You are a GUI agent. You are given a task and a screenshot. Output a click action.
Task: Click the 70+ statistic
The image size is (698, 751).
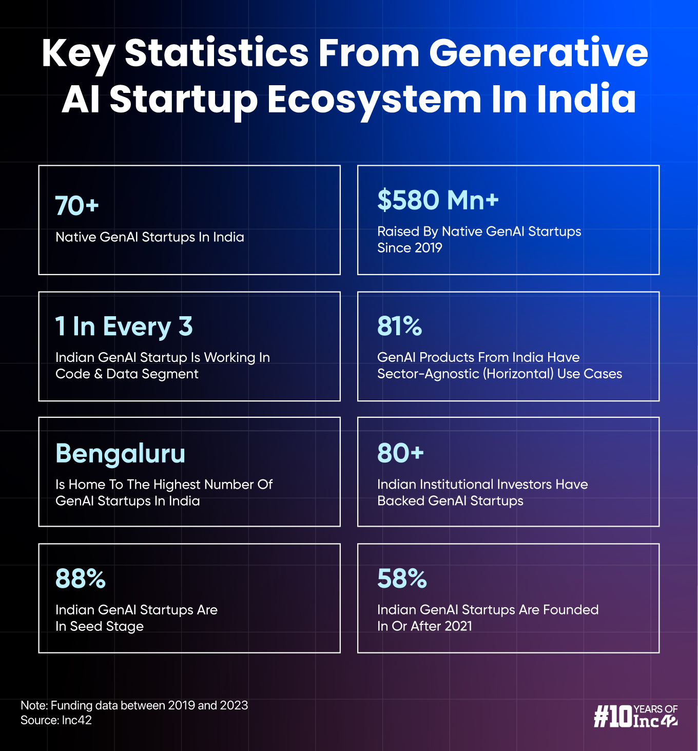click(x=77, y=206)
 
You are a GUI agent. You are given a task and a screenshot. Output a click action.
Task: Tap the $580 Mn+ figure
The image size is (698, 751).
click(x=438, y=200)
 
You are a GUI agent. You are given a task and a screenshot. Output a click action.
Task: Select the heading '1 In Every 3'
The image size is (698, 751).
click(x=124, y=326)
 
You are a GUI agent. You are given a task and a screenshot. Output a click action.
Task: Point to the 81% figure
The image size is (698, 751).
click(x=399, y=326)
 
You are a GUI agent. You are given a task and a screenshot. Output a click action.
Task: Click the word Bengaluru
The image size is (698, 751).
click(x=120, y=454)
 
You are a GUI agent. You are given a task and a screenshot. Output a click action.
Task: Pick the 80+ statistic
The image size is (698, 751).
click(x=400, y=453)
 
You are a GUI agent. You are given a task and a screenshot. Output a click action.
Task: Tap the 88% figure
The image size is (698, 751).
click(x=81, y=579)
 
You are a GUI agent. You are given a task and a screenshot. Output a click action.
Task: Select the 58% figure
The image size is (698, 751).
click(x=402, y=579)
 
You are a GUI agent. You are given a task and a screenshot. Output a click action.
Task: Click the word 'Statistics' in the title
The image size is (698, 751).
click(x=217, y=53)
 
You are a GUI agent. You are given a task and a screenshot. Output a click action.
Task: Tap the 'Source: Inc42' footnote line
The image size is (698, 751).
click(x=56, y=720)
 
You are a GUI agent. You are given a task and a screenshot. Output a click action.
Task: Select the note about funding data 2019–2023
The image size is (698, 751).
click(x=134, y=705)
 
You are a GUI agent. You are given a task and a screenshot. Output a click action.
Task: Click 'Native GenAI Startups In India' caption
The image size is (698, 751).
click(x=149, y=237)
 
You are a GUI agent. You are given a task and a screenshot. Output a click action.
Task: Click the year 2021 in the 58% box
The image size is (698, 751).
click(x=455, y=626)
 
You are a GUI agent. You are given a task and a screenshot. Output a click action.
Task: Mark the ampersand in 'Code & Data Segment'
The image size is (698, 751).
click(x=98, y=374)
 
